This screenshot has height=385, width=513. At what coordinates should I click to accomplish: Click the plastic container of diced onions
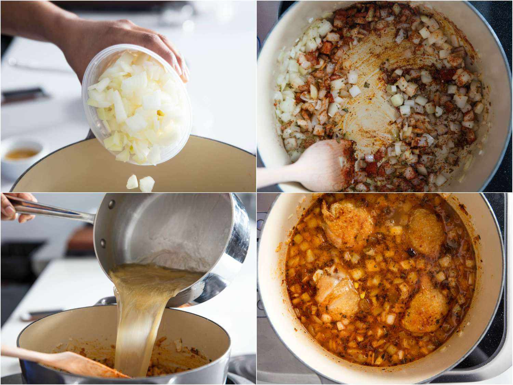tap(137, 110)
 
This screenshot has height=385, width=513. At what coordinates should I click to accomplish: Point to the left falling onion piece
tap(132, 182)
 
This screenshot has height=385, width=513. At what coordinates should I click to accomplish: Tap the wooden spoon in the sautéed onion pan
tap(308, 164)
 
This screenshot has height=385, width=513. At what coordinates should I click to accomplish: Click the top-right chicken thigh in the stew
tap(426, 228)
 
